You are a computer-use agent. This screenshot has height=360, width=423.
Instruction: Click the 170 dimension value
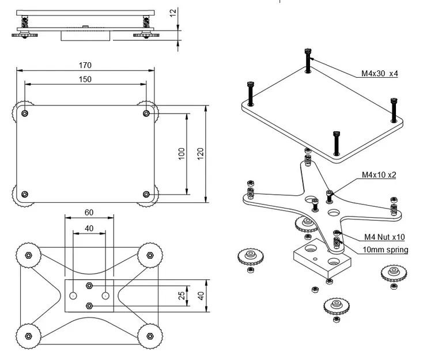(x=85, y=65)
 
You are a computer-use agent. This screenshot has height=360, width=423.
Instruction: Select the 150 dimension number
(x=85, y=79)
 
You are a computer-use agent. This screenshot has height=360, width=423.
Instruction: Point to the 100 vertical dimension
(x=182, y=154)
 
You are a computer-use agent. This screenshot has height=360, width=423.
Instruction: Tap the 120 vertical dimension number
(x=200, y=154)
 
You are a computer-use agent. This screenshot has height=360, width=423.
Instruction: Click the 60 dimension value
(x=89, y=213)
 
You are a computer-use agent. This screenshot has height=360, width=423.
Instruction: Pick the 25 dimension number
(x=182, y=295)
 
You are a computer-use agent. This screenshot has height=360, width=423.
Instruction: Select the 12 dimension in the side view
(x=173, y=13)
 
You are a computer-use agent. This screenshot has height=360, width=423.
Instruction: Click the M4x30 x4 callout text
(x=380, y=73)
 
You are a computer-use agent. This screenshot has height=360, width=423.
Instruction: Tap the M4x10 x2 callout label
(x=379, y=175)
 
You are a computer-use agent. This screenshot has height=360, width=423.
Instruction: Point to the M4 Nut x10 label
(x=384, y=237)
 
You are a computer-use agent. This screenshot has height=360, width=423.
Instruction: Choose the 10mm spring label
(x=385, y=250)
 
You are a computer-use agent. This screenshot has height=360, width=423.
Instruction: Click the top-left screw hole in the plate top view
(x=25, y=113)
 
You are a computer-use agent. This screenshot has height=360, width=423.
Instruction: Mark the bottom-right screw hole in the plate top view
(x=146, y=194)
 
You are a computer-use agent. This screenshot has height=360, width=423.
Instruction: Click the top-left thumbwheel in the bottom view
(x=28, y=255)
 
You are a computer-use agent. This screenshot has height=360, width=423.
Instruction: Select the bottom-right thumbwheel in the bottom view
(x=150, y=336)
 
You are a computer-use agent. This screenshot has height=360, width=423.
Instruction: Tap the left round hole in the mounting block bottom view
(x=73, y=296)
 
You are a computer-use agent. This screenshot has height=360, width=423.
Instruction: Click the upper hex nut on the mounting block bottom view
(x=89, y=286)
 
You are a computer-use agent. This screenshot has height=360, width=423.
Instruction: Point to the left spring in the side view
(x=25, y=21)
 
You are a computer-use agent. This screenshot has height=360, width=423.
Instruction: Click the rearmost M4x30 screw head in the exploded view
(x=308, y=51)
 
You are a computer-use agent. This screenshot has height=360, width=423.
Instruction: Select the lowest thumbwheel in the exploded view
(x=337, y=306)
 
